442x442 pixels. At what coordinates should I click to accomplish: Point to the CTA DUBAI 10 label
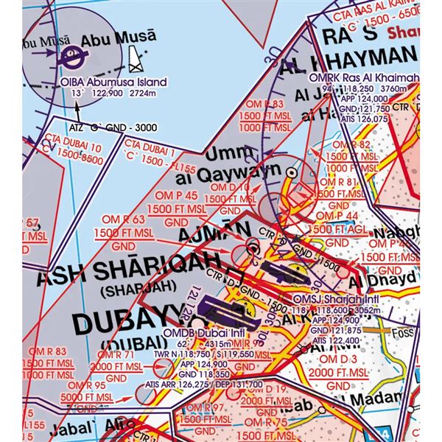tap(60, 148)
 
